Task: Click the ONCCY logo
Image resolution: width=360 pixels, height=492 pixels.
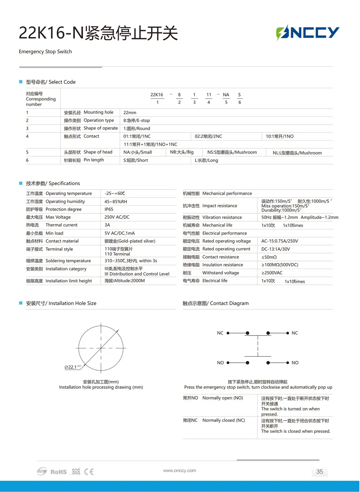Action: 308,33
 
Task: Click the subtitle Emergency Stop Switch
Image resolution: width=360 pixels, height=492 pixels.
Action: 45,52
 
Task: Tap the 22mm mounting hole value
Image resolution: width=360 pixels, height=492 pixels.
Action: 130,113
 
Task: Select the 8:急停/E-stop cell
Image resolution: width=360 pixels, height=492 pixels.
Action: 136,120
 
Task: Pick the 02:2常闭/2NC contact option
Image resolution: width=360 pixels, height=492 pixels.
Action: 208,136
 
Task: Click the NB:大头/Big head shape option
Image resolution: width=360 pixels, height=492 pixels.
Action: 182,152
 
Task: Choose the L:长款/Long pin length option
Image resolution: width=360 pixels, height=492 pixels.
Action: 206,160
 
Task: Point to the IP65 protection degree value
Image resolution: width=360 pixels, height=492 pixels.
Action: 109,209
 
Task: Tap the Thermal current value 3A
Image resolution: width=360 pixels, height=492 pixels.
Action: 107,225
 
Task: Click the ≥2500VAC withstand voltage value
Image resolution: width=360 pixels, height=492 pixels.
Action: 272,273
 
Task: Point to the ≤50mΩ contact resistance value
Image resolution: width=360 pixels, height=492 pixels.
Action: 269,257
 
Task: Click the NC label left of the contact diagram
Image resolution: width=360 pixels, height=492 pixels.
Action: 220,333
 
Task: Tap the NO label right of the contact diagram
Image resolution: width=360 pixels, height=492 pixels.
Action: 295,363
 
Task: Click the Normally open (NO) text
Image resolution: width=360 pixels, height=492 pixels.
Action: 223,398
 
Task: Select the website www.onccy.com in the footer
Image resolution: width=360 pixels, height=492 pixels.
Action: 179,471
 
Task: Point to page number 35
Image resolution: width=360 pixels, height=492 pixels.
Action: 320,472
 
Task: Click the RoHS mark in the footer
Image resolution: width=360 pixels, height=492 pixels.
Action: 58,472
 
